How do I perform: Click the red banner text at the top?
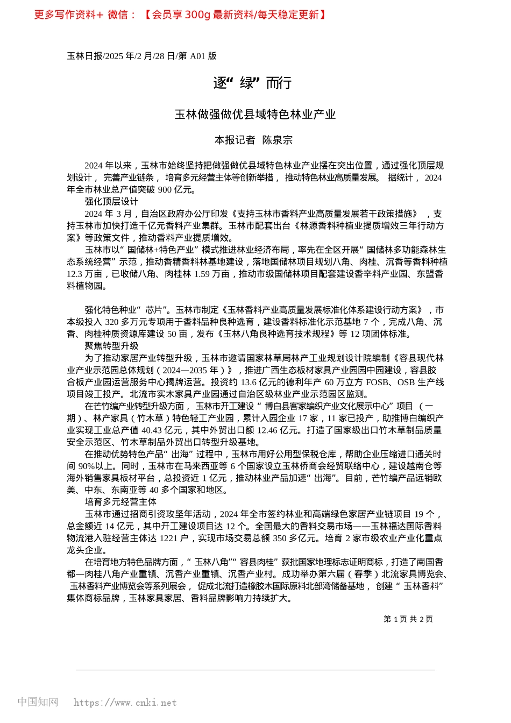click(180, 15)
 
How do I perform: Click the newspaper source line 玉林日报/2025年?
click(141, 56)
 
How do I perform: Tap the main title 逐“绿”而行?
click(252, 83)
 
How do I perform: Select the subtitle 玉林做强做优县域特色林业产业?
click(255, 115)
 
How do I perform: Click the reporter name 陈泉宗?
click(277, 140)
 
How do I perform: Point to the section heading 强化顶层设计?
click(111, 202)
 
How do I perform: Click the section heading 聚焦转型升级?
click(111, 346)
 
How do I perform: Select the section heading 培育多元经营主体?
click(120, 502)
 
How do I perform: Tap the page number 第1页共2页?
click(408, 619)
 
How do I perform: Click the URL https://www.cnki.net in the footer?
click(125, 703)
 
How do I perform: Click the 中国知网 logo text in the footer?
click(38, 702)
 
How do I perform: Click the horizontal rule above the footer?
click(255, 670)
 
